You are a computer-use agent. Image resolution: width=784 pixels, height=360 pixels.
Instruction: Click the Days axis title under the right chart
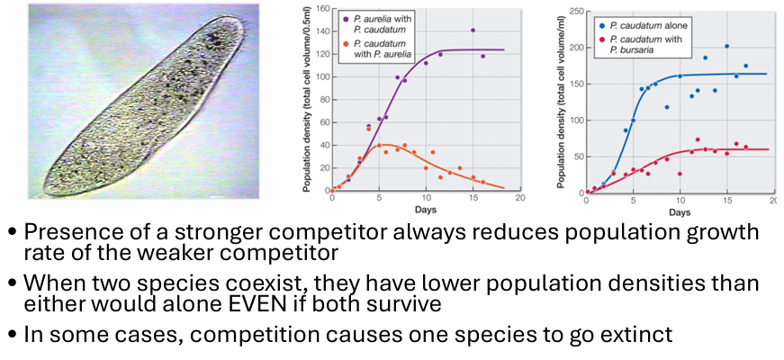680,212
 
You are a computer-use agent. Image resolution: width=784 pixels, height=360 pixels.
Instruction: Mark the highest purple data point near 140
473,31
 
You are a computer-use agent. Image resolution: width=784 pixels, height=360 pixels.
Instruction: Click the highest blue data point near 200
726,46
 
